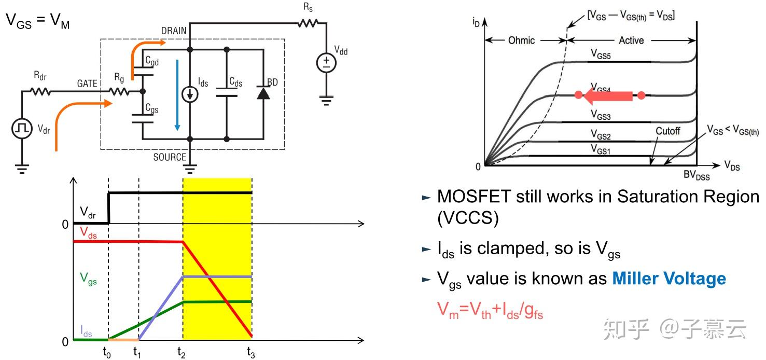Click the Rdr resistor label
click(40, 76)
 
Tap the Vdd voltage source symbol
click(326, 63)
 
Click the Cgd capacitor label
click(152, 62)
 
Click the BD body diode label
click(273, 81)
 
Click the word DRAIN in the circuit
click(174, 31)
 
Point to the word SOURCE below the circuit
click(170, 157)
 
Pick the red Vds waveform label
click(89, 236)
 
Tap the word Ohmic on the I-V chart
click(521, 40)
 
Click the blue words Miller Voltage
click(669, 279)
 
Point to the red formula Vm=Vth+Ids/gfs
click(490, 310)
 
